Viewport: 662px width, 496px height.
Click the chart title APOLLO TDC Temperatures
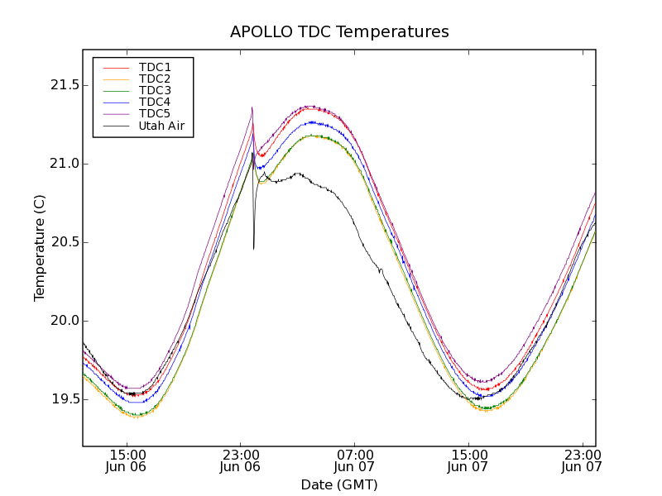point(339,32)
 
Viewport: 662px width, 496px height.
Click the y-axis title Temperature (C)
point(40,248)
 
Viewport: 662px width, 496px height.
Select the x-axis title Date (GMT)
point(339,484)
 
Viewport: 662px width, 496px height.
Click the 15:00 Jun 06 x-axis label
point(127,460)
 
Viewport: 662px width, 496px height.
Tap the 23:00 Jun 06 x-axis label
point(241,460)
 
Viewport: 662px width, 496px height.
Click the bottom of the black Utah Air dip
point(254,248)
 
